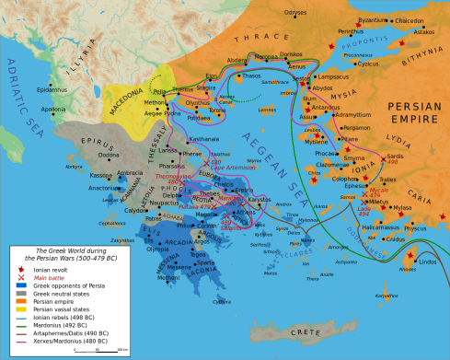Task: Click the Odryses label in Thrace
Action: point(295,13)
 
